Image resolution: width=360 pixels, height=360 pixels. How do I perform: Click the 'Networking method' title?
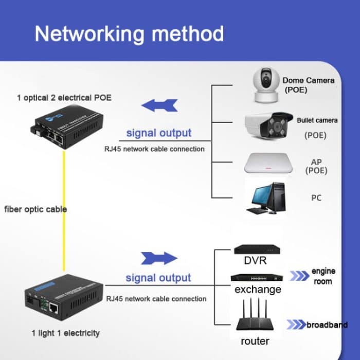click(x=129, y=33)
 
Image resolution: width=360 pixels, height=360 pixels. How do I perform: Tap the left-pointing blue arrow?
click(x=159, y=105)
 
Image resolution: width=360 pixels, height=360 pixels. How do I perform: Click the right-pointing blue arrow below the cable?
click(x=159, y=258)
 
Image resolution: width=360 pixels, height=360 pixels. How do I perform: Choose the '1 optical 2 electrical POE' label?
click(x=64, y=98)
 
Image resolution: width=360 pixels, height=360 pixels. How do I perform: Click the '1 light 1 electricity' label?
click(x=65, y=333)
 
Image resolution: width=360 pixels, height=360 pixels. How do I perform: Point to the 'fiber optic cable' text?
click(x=35, y=209)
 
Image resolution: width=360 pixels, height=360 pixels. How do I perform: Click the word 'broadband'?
click(x=327, y=325)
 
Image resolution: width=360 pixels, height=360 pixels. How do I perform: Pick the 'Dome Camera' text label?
click(x=309, y=80)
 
